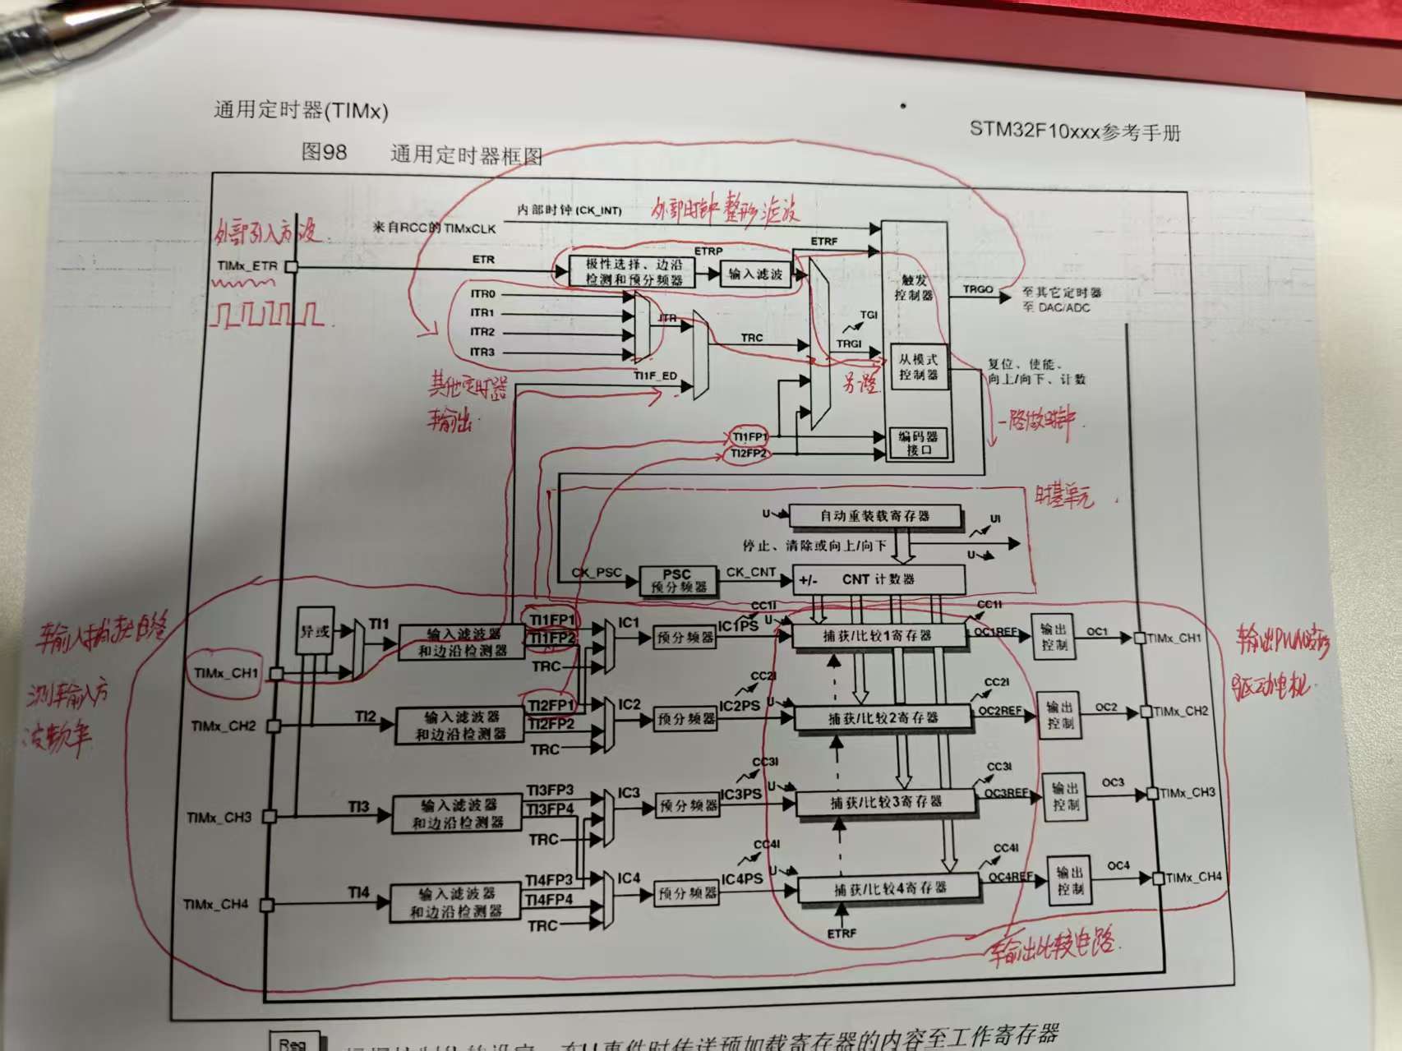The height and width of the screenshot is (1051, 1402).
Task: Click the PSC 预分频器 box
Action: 678,580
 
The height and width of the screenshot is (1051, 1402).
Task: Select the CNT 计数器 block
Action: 878,579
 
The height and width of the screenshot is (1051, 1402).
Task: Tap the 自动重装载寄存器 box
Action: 874,516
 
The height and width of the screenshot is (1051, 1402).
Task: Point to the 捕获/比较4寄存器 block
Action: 890,888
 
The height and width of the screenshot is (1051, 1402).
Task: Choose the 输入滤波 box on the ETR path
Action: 755,274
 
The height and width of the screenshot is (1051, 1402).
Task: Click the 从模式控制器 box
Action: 918,366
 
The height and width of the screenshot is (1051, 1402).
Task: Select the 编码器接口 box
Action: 920,443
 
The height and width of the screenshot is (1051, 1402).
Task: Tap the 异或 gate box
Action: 315,631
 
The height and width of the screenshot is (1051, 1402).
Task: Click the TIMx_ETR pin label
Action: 247,266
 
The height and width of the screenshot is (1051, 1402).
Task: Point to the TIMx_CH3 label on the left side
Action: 219,817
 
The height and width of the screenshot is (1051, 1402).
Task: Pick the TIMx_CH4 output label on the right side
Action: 1193,878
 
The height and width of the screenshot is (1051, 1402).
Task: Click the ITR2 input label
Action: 482,332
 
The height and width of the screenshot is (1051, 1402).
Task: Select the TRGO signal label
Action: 978,289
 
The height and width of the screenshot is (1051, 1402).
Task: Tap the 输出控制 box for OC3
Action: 1066,796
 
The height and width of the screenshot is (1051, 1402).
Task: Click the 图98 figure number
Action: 325,152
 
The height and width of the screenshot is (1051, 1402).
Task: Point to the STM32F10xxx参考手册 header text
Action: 1074,131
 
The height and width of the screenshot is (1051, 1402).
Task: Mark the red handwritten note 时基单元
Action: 1063,495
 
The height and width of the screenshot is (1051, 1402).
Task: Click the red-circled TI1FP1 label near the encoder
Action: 749,437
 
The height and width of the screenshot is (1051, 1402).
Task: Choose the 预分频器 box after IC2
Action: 686,720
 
